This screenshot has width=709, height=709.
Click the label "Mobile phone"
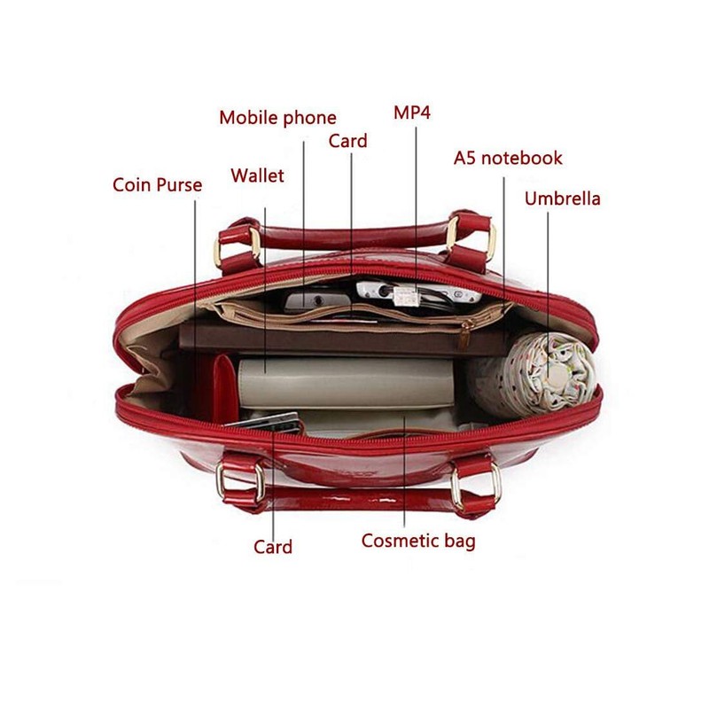[x=277, y=118]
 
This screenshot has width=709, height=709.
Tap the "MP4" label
[x=412, y=113]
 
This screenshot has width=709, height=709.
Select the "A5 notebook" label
[x=508, y=159]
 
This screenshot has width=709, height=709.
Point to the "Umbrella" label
[x=563, y=199]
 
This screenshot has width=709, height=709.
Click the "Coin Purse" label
[x=158, y=185]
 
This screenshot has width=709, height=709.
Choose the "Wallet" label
[x=257, y=175]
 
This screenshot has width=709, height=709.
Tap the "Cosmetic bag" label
[x=418, y=541]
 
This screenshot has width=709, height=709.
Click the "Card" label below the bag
[x=273, y=547]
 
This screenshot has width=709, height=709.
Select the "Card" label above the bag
[x=347, y=141]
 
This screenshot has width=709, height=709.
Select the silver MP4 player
[x=418, y=293]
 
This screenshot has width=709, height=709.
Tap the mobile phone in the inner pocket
[x=319, y=300]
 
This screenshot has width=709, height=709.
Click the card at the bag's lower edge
[x=264, y=425]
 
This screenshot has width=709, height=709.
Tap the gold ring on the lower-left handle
[x=239, y=481]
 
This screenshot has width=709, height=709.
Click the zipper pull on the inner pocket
[x=464, y=335]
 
